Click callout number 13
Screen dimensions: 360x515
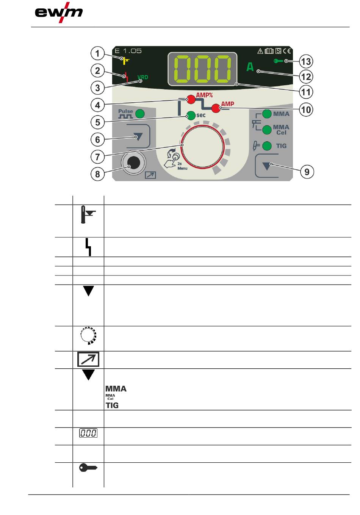pyautogui.click(x=306, y=61)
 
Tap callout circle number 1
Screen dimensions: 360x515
pyautogui.click(x=98, y=53)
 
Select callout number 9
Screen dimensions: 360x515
pyautogui.click(x=307, y=172)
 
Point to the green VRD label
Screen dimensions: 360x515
pyautogui.click(x=143, y=77)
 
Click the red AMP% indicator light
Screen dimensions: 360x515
pyautogui.click(x=191, y=100)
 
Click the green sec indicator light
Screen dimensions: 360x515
pyautogui.click(x=191, y=115)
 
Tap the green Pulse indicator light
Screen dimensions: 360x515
pyautogui.click(x=140, y=113)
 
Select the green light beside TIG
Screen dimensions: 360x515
pyautogui.click(x=267, y=146)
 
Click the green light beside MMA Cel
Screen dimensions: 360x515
pyautogui.click(x=267, y=130)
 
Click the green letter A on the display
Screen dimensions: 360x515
pyautogui.click(x=250, y=67)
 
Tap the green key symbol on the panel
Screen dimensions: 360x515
pyautogui.click(x=279, y=61)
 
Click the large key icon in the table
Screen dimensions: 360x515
pyautogui.click(x=88, y=468)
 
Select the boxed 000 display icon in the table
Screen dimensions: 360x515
pyautogui.click(x=88, y=433)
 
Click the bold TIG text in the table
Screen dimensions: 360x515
pyautogui.click(x=112, y=405)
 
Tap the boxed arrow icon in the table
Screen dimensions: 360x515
pyautogui.click(x=88, y=359)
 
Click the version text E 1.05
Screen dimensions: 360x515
pyautogui.click(x=128, y=51)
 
